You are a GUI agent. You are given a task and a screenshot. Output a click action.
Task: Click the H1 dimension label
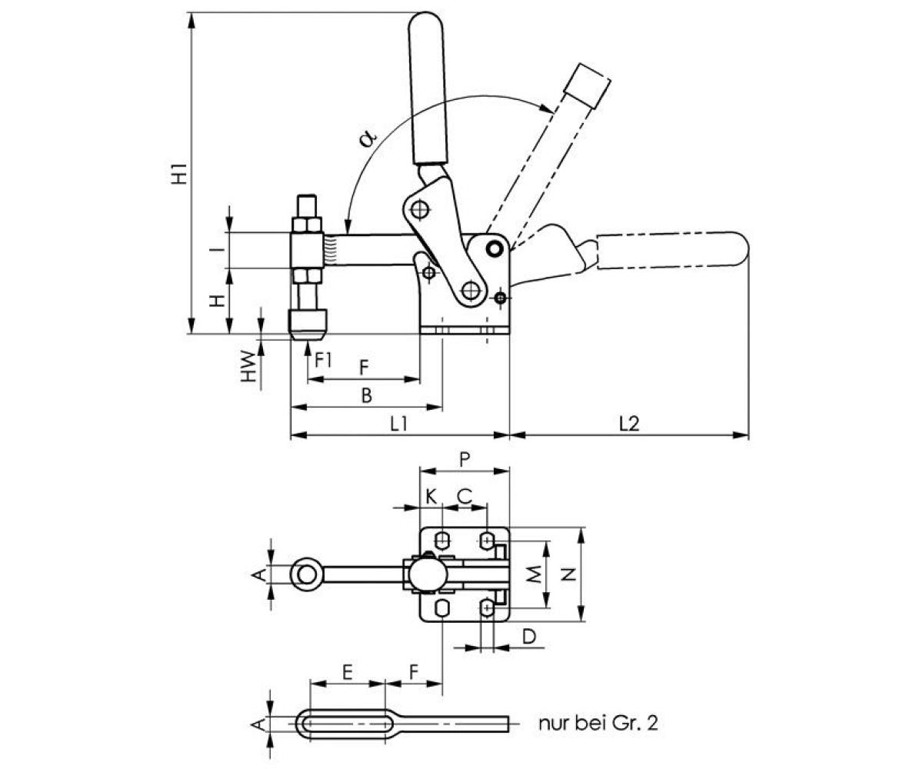[179, 175]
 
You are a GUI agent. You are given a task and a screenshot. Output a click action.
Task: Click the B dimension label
[367, 395]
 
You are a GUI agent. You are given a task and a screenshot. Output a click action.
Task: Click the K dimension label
[432, 496]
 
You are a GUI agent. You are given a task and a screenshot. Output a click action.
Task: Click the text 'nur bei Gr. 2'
[598, 723]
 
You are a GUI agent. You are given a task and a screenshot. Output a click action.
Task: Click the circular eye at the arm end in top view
[306, 574]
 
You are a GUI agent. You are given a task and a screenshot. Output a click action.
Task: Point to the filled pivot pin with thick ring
[495, 248]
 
